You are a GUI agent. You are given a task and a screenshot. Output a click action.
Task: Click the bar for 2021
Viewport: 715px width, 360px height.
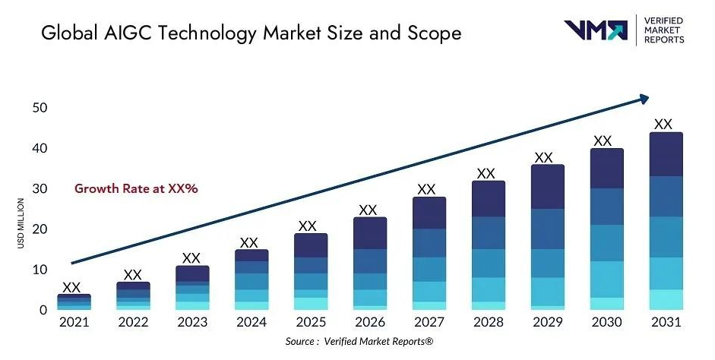point(74,302)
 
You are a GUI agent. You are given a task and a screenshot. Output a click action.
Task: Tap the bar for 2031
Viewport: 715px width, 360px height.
point(666,221)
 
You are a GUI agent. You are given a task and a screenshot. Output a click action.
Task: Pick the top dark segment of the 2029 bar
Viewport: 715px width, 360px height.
point(547,187)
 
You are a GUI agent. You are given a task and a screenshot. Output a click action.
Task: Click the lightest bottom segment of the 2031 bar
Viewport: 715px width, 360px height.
point(666,299)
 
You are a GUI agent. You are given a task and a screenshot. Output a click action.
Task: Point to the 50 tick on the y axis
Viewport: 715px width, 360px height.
point(40,108)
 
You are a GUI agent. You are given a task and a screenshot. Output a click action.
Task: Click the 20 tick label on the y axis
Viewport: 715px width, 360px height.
point(40,229)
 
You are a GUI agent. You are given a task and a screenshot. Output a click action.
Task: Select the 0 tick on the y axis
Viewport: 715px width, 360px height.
point(44,310)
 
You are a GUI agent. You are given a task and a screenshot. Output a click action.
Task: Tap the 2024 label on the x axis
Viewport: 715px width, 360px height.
point(251,323)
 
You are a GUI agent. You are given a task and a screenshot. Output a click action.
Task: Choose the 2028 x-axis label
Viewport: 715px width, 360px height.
point(489,323)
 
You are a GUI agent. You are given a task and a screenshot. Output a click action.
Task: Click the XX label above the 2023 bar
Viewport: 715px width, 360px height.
point(191,258)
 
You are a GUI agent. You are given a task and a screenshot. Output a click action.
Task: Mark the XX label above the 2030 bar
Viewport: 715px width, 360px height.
point(603,141)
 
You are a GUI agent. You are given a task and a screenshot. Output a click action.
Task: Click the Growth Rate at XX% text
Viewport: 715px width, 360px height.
point(135,188)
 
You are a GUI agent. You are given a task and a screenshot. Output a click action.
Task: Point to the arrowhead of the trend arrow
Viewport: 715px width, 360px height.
point(644,98)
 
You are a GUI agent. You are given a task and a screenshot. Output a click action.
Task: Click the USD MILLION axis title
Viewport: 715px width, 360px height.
point(21,222)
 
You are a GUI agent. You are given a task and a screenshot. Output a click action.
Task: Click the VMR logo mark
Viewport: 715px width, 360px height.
point(594,30)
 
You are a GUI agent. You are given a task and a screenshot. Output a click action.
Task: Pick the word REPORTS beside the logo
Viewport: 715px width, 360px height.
point(663,39)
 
